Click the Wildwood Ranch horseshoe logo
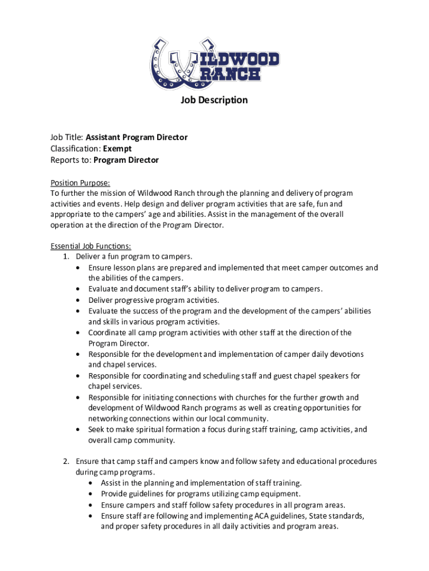[x=214, y=62]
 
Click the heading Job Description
[x=214, y=100]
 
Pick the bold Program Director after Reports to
[x=126, y=160]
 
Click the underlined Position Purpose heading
[x=80, y=183]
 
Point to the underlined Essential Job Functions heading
[x=91, y=246]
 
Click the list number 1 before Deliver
[x=65, y=257]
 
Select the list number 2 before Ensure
[x=65, y=462]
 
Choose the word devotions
[x=345, y=355]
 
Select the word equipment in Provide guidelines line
[x=281, y=494]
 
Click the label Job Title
[x=66, y=137]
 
